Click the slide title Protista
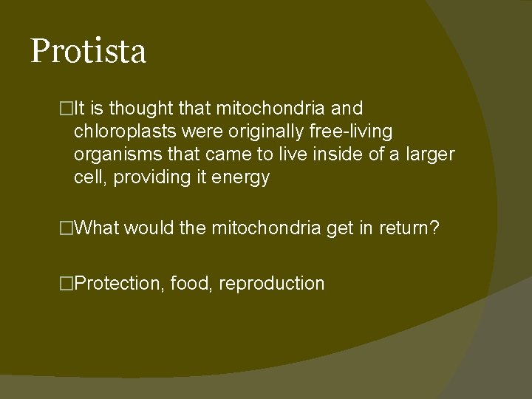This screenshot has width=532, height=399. (x=88, y=52)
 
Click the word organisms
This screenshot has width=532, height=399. (x=113, y=154)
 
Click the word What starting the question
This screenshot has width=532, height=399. (x=97, y=228)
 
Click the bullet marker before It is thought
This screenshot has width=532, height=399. (x=68, y=109)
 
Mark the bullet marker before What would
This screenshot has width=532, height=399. (x=68, y=228)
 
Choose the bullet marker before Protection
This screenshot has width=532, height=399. (x=68, y=284)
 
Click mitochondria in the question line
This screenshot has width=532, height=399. (x=265, y=228)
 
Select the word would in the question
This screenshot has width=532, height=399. (x=150, y=228)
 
